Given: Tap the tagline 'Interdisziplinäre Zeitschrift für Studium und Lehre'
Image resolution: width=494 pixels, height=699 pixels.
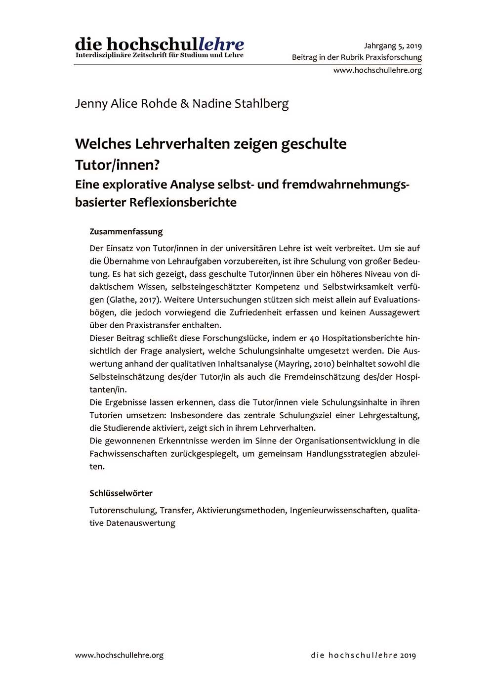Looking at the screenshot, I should coord(159,55).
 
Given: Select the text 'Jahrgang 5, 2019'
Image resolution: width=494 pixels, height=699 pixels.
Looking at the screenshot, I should coord(393,46).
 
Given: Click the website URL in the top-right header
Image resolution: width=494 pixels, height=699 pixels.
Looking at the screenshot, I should coord(377,70).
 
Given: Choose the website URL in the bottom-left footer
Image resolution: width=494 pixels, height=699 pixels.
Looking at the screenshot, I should coord(119,655).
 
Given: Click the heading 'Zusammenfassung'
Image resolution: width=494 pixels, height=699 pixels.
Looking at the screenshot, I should coord(126,231).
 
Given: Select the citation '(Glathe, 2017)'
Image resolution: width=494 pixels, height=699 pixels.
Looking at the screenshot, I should coord(132,300).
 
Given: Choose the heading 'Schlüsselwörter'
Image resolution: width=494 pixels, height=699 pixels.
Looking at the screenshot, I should coord(121,493).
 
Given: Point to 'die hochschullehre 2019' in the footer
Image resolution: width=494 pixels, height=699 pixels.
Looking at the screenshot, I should coord(364,655).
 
